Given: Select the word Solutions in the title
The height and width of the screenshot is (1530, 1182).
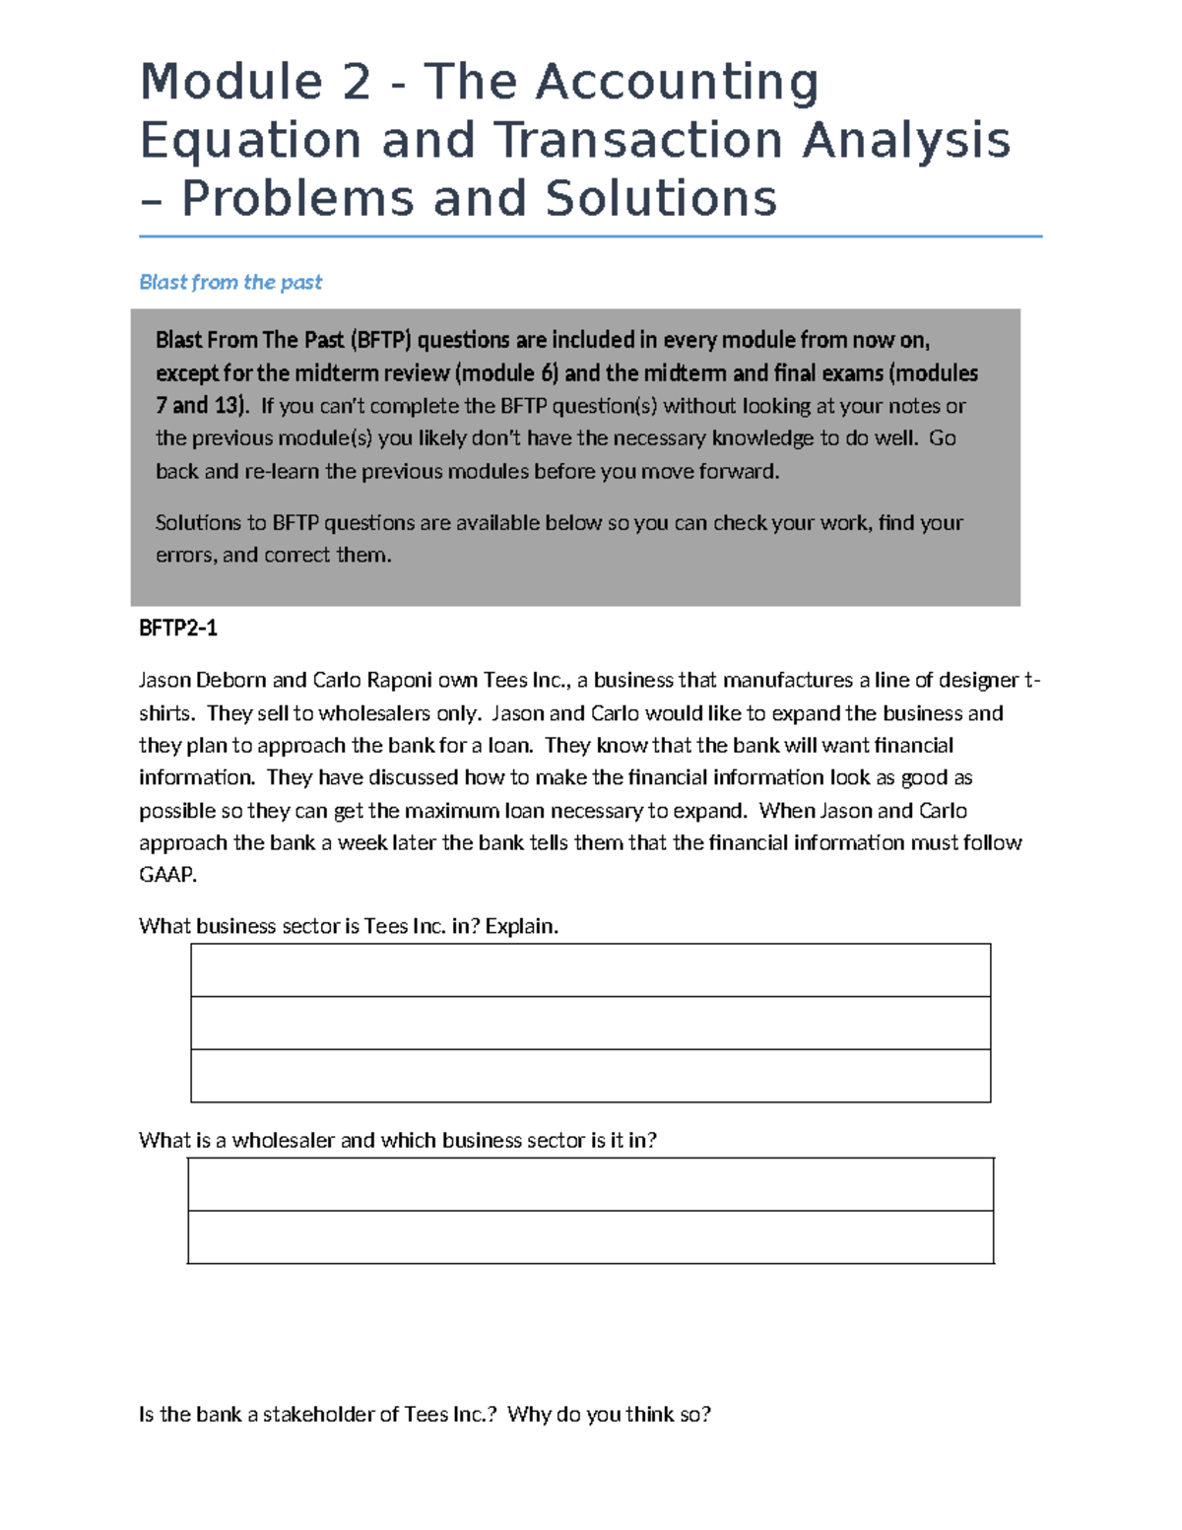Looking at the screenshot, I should click(x=661, y=198).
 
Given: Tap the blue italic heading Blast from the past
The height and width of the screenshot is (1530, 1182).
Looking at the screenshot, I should click(x=230, y=282).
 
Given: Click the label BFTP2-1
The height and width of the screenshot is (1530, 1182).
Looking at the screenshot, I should click(x=177, y=628).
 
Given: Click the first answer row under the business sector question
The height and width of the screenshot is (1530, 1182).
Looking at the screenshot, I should click(x=590, y=969).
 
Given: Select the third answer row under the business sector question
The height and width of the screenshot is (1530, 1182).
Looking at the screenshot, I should click(x=590, y=1075).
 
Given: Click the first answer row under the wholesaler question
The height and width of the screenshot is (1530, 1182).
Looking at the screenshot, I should click(x=590, y=1184).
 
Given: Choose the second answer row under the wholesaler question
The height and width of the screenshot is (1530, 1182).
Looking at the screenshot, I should click(x=590, y=1236).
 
